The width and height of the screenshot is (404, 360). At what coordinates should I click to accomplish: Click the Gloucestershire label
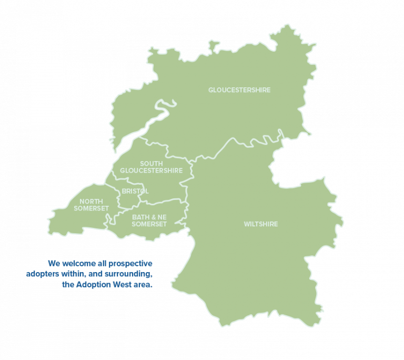(239, 90)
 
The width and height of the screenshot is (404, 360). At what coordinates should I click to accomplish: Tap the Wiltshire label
(261, 224)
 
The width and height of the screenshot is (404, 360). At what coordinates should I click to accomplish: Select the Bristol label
(135, 191)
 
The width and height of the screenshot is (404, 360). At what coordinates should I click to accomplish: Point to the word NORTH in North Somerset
(92, 202)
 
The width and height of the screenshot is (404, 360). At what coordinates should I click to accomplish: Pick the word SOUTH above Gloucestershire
(151, 164)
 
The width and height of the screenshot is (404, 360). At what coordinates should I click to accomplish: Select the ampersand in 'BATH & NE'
(153, 217)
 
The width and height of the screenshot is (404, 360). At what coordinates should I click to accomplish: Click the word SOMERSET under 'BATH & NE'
(149, 224)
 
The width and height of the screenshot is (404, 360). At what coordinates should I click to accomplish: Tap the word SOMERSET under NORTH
(92, 209)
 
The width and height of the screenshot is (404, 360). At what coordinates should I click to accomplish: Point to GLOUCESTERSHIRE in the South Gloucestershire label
(151, 171)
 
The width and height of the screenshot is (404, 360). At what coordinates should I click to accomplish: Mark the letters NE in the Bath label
(162, 217)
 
